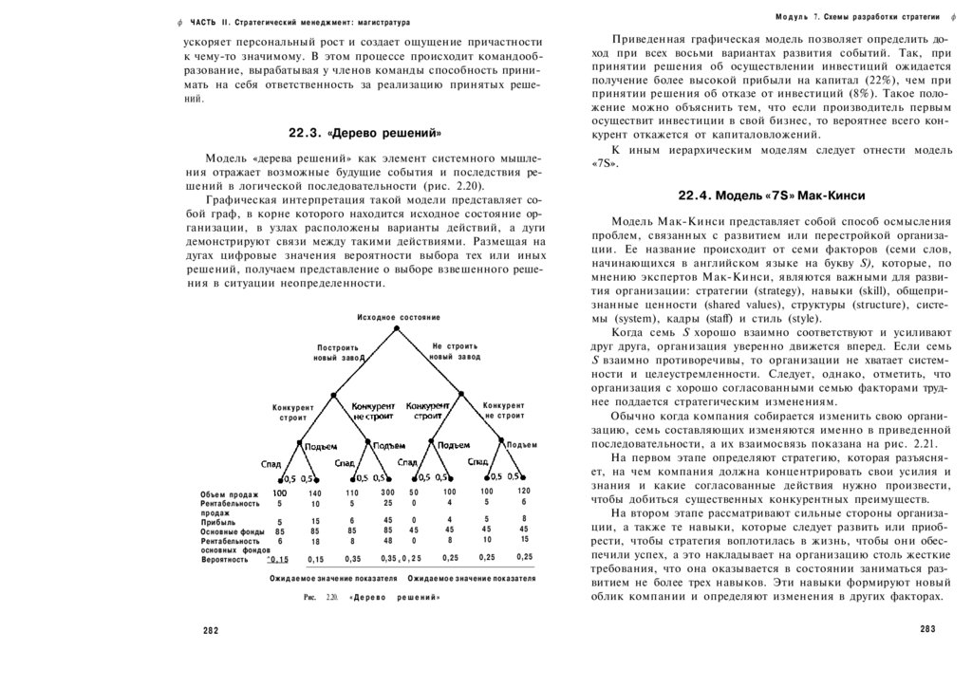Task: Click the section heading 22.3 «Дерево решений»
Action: click(x=365, y=132)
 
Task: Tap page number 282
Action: click(x=211, y=630)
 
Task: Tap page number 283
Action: click(x=928, y=630)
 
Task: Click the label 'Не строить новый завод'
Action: click(x=454, y=352)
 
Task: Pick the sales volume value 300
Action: click(x=387, y=493)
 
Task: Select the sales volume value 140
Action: click(x=315, y=493)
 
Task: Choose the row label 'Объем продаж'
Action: click(x=230, y=493)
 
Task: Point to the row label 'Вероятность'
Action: click(x=224, y=559)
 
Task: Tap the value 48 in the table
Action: click(x=387, y=540)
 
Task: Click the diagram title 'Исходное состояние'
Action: click(x=399, y=316)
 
